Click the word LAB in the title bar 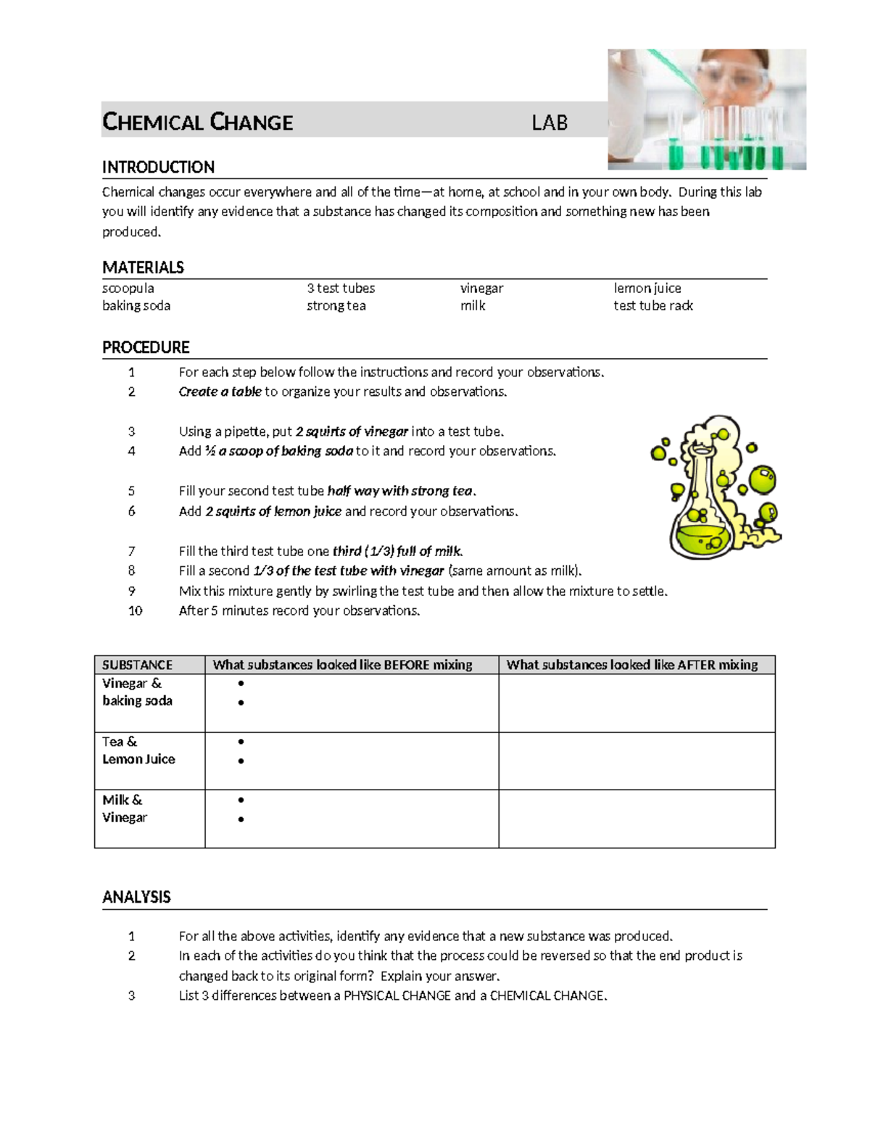click(550, 123)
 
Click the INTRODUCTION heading click(158, 167)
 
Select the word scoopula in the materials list click(128, 289)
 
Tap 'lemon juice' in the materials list click(647, 289)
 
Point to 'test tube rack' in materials click(653, 306)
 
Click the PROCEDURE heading click(146, 347)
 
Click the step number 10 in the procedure click(135, 610)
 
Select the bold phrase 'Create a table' click(220, 392)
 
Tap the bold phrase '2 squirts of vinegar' click(352, 431)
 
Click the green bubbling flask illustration click(714, 489)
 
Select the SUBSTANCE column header click(137, 665)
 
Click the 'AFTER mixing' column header click(631, 665)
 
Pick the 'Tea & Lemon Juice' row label click(138, 750)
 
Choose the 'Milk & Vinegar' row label click(124, 808)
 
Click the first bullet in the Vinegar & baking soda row click(241, 683)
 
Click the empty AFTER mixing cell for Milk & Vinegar click(637, 819)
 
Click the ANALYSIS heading click(136, 898)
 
